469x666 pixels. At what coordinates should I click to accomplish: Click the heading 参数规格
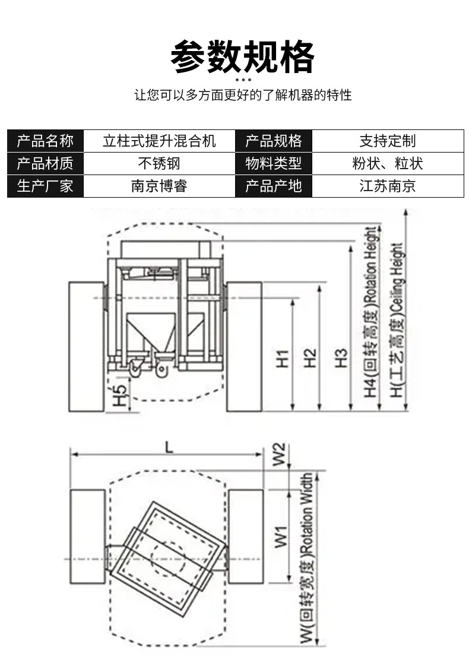242,57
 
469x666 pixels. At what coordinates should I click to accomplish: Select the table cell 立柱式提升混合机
159,141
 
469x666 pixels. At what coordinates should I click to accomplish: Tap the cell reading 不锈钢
159,163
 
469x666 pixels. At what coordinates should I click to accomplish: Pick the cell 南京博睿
159,186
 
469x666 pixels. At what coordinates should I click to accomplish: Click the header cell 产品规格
274,141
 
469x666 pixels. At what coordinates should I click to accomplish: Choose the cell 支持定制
387,141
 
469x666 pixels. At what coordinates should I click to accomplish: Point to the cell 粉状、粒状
387,163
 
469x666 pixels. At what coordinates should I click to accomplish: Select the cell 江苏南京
387,186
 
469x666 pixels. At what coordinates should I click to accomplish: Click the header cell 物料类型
274,163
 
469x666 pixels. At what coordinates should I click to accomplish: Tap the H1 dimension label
283,358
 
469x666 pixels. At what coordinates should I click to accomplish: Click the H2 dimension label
310,358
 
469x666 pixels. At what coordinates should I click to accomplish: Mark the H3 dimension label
340,358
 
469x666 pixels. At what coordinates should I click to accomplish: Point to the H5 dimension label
121,396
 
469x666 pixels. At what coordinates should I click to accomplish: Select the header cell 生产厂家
45,186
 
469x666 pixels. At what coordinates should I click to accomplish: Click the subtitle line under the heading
243,95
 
